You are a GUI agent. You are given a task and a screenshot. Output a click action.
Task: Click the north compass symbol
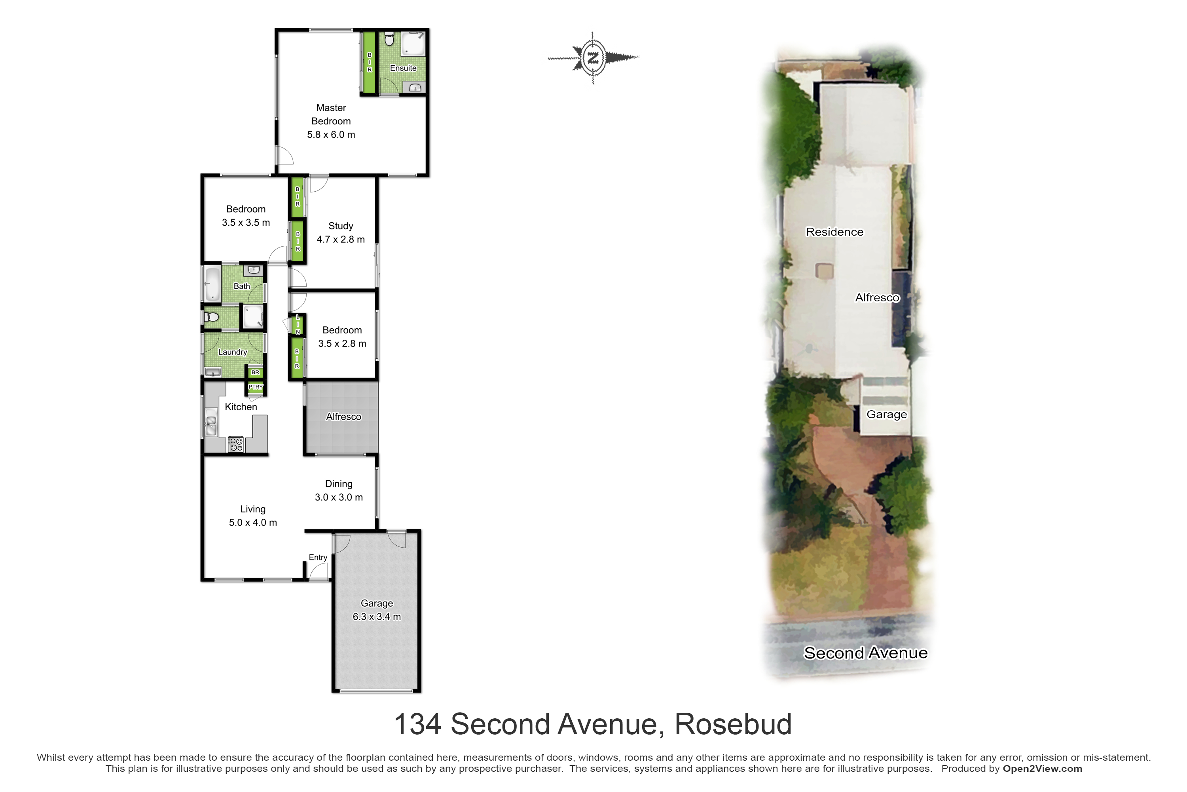[x=593, y=57]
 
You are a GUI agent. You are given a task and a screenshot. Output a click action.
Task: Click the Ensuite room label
[x=403, y=68]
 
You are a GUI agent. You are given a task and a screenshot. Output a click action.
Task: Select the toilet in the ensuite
[x=389, y=39]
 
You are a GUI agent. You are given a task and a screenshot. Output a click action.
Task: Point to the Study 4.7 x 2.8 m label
[x=341, y=232]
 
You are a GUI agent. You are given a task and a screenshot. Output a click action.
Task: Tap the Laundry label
[x=233, y=352]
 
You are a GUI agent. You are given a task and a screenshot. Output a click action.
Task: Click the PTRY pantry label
[x=255, y=387]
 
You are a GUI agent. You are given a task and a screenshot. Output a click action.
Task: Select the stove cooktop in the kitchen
[x=236, y=444]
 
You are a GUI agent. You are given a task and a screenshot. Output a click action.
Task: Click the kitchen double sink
[x=211, y=426]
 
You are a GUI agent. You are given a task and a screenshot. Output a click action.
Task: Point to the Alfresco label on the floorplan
[x=344, y=417]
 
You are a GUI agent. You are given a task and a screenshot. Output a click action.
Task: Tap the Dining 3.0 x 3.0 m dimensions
[x=339, y=497]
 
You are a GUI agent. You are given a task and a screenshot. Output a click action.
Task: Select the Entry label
[x=318, y=557]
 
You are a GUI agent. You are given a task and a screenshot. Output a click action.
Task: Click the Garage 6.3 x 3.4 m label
[x=377, y=610]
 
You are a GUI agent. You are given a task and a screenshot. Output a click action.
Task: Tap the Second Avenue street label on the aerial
[x=866, y=653]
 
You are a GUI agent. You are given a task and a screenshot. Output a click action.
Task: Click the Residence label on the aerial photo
[x=835, y=232]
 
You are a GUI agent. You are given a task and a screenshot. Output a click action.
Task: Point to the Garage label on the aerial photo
[x=887, y=415]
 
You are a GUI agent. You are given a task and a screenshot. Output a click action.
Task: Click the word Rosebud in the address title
[x=733, y=724]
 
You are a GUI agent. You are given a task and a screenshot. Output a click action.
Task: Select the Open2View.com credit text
[x=1042, y=769]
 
